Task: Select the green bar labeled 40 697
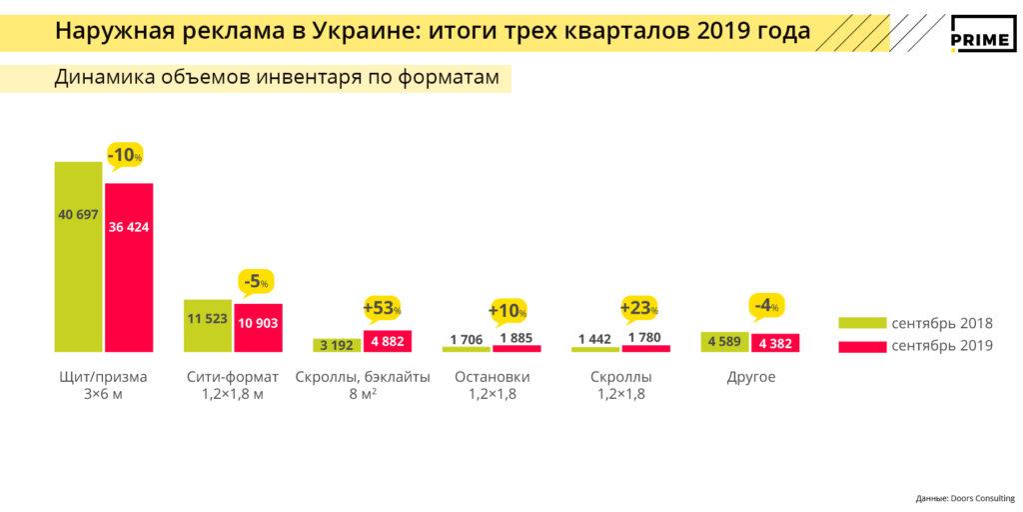tap(78, 256)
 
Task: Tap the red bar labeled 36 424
tap(129, 267)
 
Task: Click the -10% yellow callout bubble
tap(126, 156)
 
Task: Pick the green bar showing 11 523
tap(208, 325)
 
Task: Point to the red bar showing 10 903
tap(259, 327)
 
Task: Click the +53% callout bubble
tap(382, 308)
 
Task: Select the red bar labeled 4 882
tap(388, 341)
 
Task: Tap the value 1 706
tap(466, 339)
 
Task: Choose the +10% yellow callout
tap(508, 311)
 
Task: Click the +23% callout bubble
tap(639, 308)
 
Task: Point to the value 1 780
tap(646, 339)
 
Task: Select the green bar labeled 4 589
tap(724, 342)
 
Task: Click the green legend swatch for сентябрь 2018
tap(861, 323)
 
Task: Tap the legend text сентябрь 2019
tap(942, 346)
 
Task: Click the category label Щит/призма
tap(104, 378)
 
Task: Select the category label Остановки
tap(492, 378)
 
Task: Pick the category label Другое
tap(750, 378)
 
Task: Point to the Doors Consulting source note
tap(964, 498)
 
